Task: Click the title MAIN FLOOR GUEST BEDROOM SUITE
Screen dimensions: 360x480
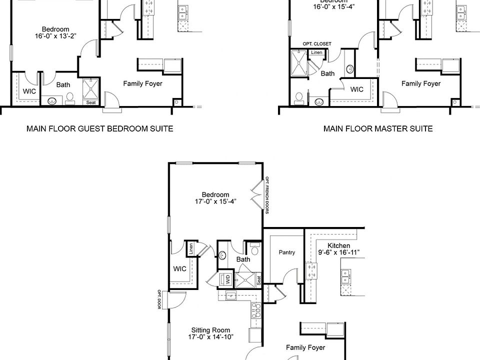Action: coord(100,128)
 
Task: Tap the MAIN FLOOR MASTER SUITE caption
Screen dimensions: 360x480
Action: coord(378,128)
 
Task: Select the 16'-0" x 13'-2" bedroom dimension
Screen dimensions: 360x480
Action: coord(55,36)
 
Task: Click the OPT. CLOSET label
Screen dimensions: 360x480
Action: coord(316,44)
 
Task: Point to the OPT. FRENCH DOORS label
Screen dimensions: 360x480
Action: coord(267,195)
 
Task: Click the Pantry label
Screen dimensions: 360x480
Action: coord(286,252)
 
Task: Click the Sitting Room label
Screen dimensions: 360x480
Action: coord(210,330)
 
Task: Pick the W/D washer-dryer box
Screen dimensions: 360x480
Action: coord(227,279)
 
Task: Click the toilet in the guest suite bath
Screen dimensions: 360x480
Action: coord(70,97)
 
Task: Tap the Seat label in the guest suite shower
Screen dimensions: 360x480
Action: coord(91,102)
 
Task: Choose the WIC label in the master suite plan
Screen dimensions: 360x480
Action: coord(356,89)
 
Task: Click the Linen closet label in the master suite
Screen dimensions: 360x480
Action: coord(316,52)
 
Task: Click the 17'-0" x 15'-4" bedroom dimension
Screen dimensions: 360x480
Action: coord(215,201)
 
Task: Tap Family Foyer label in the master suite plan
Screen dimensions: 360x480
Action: coord(421,83)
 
